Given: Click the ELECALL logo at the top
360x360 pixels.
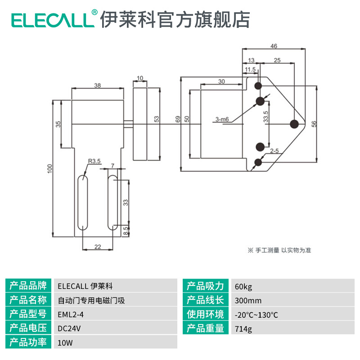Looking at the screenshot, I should click(x=54, y=19).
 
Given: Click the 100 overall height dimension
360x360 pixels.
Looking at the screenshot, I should click(x=50, y=168).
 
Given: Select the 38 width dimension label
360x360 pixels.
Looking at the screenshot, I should click(x=97, y=85).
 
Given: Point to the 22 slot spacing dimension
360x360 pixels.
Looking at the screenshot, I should click(x=98, y=246).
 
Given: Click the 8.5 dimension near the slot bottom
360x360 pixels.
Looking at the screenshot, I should click(x=126, y=231).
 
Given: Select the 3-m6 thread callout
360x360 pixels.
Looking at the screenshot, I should click(x=222, y=119).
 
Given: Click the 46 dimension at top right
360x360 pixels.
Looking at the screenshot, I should click(x=274, y=46).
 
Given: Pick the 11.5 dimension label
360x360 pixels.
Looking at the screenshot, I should click(x=250, y=69).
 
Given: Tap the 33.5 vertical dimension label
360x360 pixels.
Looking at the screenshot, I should click(x=265, y=118).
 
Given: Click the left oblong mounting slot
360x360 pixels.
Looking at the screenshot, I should click(x=82, y=202).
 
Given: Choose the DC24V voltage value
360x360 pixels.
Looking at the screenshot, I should click(x=69, y=328).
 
